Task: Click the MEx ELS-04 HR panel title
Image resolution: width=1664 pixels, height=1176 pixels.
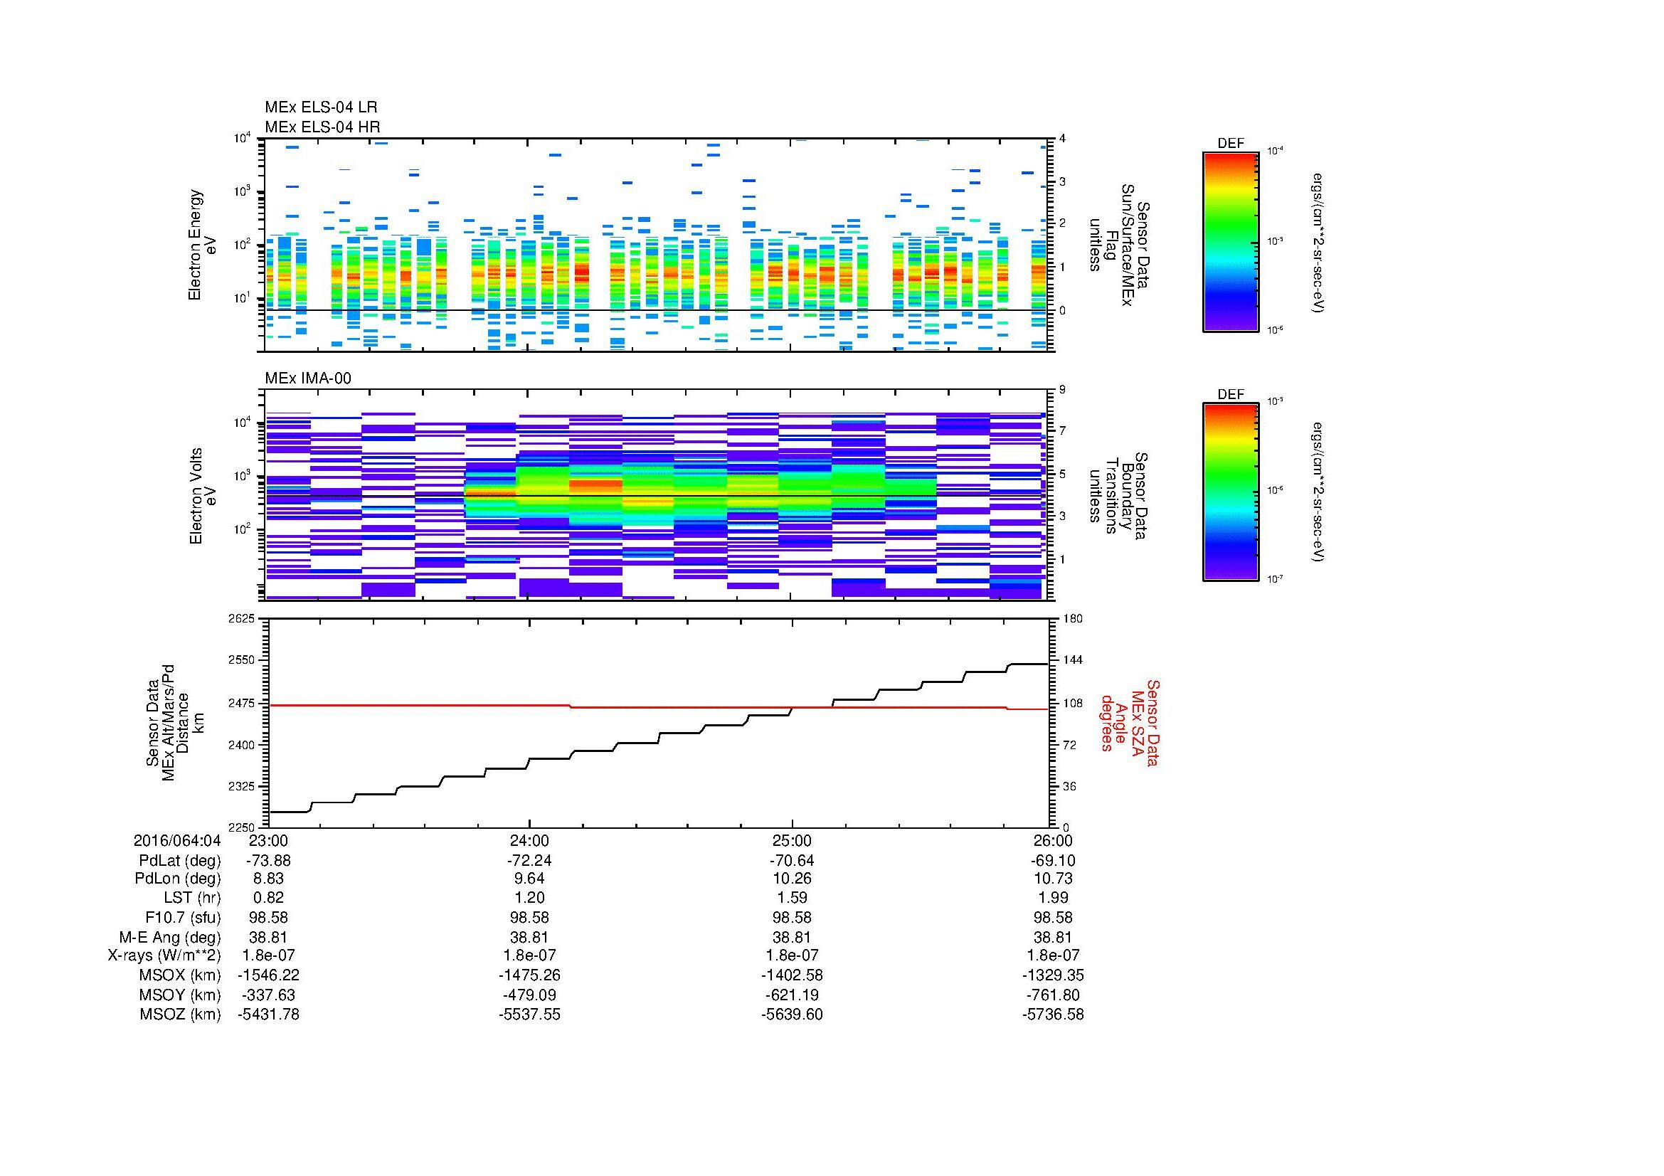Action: pos(322,127)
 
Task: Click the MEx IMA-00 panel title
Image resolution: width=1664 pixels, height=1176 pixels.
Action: pos(308,378)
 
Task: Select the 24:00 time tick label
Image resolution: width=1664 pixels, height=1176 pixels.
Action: pos(530,840)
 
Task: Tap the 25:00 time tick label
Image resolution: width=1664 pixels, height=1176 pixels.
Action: pos(792,840)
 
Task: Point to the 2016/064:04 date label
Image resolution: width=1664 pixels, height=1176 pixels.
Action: pos(176,840)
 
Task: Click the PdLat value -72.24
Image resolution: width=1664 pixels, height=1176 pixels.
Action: pos(530,861)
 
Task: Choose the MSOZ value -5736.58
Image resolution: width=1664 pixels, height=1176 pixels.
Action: pos(1053,1015)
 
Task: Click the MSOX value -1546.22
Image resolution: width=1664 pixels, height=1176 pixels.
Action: pos(269,975)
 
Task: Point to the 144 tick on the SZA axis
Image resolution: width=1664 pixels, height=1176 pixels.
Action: pos(1072,660)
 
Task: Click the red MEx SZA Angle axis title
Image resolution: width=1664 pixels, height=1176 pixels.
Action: pos(1129,722)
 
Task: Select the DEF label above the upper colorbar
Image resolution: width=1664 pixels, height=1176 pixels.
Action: pos(1231,144)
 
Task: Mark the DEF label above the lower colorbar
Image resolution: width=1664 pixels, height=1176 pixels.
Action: pos(1231,395)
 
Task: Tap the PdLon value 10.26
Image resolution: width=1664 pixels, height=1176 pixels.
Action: pos(792,878)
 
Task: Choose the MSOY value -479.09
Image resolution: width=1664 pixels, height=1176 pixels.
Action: pos(530,995)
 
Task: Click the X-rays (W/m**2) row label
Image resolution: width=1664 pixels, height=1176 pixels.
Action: pos(164,955)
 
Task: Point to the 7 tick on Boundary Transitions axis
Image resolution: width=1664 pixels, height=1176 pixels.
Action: pos(1063,431)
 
